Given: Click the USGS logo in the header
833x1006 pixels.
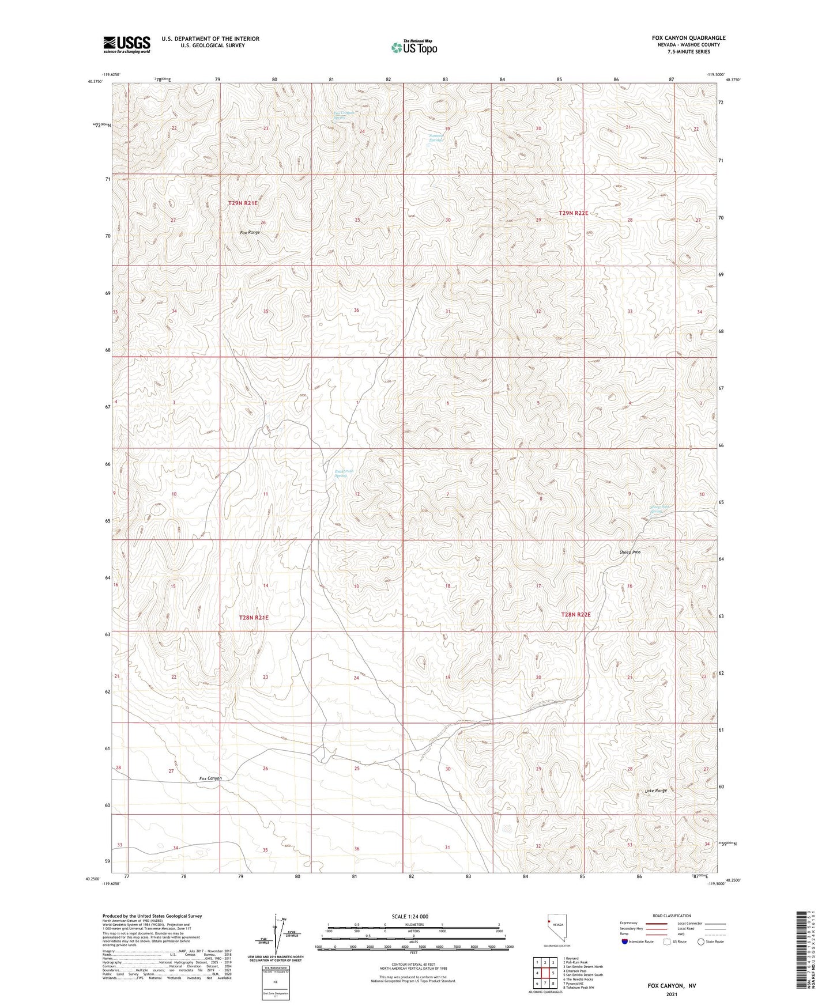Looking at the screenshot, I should [127, 44].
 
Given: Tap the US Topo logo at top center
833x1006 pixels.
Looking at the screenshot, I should [413, 47].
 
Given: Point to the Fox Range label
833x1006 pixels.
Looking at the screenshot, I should [250, 232].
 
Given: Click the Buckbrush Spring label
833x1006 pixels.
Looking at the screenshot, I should [344, 473].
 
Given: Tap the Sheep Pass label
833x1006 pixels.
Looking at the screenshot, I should [630, 552].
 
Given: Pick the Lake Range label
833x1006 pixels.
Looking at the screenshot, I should [656, 791].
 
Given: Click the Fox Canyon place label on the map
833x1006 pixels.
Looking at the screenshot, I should [210, 778].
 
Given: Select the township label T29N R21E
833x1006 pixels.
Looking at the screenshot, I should [243, 203].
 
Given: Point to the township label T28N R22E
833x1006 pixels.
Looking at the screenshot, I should [576, 615].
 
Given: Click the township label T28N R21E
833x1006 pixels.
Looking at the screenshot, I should [254, 618].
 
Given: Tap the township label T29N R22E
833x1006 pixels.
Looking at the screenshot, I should [574, 213].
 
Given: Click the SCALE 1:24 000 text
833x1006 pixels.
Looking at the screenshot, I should [410, 917].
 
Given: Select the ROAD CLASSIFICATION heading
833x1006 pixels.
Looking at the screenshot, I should [672, 916].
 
